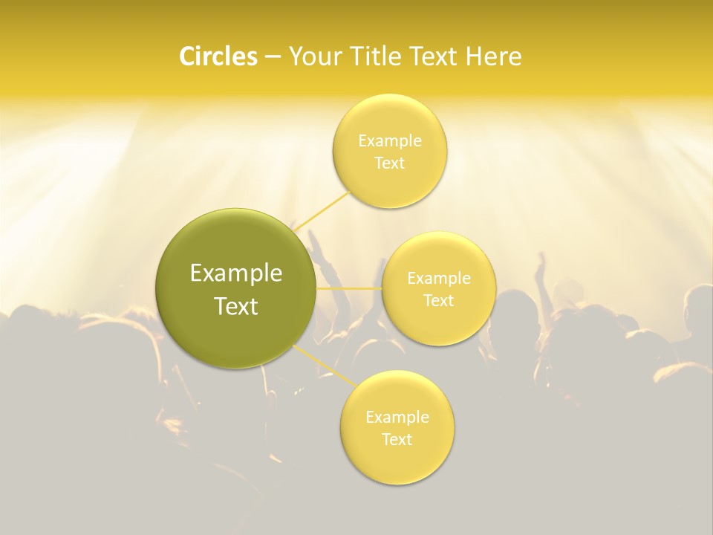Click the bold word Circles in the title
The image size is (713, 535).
point(218,56)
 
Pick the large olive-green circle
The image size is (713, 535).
point(235,288)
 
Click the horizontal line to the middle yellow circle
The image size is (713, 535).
point(348,288)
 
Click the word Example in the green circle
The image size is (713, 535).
point(235,273)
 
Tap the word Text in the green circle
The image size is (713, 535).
point(235,306)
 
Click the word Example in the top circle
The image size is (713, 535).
point(389,140)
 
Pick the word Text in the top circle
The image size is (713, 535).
point(389,163)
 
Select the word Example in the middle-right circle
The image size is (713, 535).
point(438,278)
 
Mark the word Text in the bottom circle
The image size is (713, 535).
point(397,439)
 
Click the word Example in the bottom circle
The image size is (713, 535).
point(397,417)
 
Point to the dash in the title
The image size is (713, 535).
point(272,56)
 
